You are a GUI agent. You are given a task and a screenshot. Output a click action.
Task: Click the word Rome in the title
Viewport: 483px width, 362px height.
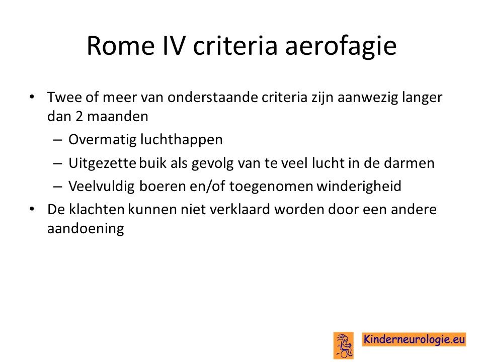coord(120,46)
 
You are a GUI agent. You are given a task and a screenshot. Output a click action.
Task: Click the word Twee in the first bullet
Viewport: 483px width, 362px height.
coord(64,97)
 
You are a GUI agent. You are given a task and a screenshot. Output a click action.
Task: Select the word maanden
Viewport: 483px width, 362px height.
coord(117,117)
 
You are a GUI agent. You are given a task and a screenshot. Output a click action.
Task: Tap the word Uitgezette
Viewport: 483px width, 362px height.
coord(102,163)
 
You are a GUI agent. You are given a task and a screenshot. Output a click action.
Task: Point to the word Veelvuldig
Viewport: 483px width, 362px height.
coord(101,187)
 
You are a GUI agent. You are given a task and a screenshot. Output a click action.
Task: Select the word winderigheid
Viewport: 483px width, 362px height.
coord(359,187)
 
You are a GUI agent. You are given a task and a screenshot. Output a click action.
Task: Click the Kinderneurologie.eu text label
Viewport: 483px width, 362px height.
coord(414,339)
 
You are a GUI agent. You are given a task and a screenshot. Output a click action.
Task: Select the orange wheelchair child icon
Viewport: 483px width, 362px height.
coord(344,345)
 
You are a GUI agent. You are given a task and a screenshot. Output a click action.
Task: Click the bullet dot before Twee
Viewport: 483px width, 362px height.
coord(32,97)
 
